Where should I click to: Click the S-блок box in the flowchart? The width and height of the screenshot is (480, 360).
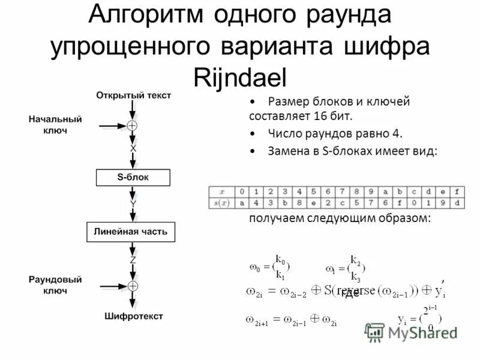tap(133, 178)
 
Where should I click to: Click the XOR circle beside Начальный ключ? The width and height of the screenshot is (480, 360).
tap(133, 126)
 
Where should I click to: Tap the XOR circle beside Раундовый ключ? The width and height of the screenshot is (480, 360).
tap(133, 286)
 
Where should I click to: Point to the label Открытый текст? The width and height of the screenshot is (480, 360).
tap(133, 95)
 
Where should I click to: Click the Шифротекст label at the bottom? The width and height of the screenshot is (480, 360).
tap(133, 316)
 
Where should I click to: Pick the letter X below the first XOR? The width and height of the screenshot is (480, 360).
tap(133, 148)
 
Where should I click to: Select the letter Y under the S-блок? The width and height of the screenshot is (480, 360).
tap(133, 204)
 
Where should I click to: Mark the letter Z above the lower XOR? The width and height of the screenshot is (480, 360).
tap(133, 260)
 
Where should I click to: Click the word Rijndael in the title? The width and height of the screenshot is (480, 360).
tap(241, 77)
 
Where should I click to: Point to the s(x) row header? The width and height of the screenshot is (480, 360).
tap(221, 203)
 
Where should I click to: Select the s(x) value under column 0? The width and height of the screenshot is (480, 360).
tap(241, 203)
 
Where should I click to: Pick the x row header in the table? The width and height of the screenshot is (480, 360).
tap(221, 192)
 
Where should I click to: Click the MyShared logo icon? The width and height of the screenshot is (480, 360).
tap(374, 332)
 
